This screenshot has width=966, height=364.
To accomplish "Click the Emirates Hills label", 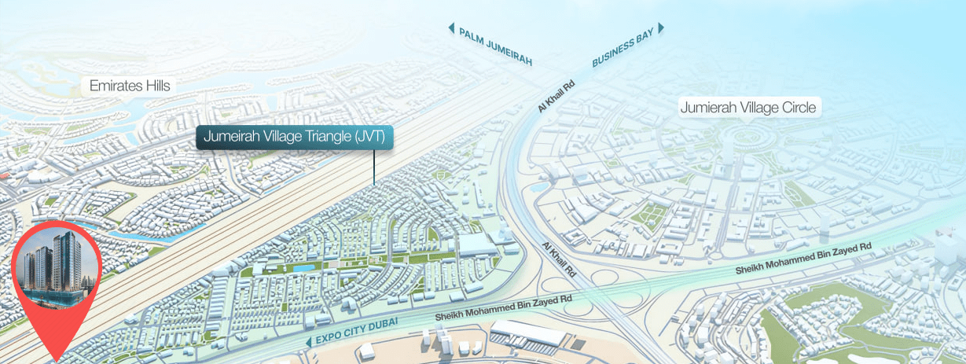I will [x=130, y=86].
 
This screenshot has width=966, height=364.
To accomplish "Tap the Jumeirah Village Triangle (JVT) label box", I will [x=294, y=136].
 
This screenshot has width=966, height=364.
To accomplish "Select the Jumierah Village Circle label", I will [x=748, y=107].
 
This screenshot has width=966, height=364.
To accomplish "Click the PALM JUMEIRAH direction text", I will [x=496, y=46].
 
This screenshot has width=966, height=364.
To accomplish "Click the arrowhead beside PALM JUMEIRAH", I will [x=451, y=28].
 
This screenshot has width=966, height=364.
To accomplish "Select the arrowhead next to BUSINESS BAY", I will [x=661, y=28].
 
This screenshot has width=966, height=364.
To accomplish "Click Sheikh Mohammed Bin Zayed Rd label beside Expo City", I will [x=503, y=308].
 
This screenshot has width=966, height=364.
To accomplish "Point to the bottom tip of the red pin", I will [x=56, y=361].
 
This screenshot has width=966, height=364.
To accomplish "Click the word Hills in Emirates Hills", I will [x=154, y=86].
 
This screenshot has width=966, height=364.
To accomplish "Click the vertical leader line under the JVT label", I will [x=374, y=166].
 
